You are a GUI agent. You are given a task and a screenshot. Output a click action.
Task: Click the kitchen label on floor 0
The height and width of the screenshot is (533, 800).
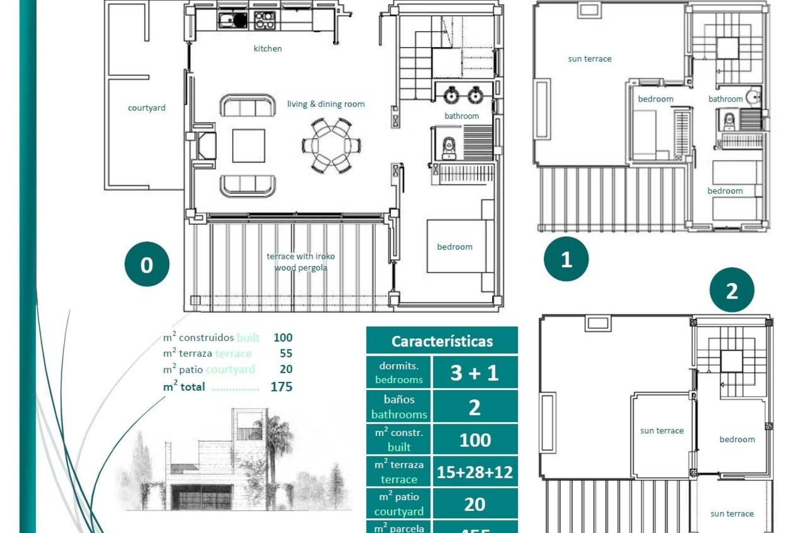(267, 49)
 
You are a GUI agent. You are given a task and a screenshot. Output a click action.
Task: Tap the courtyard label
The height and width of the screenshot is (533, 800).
(146, 108)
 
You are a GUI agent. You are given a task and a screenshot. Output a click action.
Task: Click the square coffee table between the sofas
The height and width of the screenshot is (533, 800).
(248, 146)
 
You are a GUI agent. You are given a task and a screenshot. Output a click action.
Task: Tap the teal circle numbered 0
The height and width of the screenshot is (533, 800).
(147, 264)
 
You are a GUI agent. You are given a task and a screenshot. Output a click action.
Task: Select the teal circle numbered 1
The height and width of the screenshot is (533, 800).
(566, 259)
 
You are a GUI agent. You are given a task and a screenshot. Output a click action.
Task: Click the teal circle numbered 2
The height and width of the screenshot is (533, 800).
(732, 290)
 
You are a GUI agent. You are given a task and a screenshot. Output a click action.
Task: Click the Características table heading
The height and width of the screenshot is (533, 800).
(442, 341)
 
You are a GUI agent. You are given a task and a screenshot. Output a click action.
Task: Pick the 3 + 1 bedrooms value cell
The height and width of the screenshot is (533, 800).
(475, 372)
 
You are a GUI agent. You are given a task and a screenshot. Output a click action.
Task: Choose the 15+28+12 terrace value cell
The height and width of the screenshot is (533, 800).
(475, 472)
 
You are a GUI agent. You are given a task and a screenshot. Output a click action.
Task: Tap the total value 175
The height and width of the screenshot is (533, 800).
(281, 387)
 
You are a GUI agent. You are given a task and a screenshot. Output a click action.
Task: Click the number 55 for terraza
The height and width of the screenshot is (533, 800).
(286, 354)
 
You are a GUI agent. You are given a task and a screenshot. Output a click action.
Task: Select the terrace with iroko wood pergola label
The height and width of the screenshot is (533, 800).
(300, 262)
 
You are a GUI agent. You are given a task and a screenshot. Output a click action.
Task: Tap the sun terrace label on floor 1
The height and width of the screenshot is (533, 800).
(589, 59)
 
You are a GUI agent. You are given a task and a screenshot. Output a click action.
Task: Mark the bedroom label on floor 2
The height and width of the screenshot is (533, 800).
(737, 439)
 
